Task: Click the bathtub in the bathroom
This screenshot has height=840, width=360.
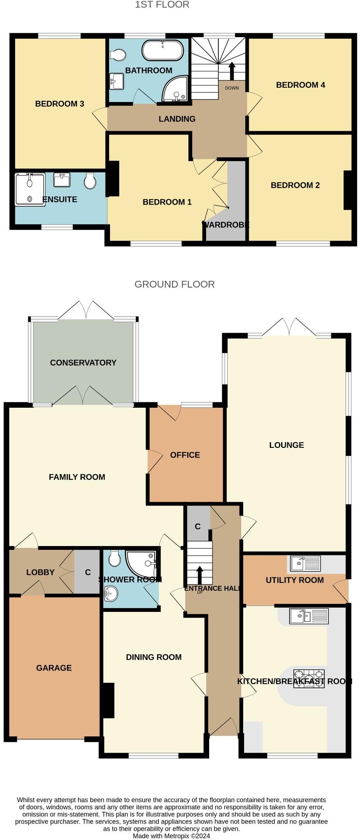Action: (x=162, y=51)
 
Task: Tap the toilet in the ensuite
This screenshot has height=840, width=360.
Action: (x=90, y=181)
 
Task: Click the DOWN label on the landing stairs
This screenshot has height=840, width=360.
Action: (x=232, y=88)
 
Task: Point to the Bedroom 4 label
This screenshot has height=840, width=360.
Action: (x=300, y=85)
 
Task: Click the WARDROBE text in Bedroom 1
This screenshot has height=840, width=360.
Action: (x=226, y=225)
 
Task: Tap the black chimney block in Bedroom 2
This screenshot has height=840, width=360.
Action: (x=347, y=190)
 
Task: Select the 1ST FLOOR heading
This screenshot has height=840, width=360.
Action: (x=162, y=5)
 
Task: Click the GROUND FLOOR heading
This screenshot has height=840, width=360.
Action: (x=175, y=284)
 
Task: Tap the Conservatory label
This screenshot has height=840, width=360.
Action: (x=83, y=363)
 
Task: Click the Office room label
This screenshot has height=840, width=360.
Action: (x=185, y=455)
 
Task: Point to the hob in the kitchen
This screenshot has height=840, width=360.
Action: (x=309, y=679)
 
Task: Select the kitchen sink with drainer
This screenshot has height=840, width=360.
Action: (x=309, y=616)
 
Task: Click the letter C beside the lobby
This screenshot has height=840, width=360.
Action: (x=88, y=572)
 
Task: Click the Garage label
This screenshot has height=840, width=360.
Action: (x=54, y=668)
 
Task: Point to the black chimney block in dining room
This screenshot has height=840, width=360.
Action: (x=109, y=700)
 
